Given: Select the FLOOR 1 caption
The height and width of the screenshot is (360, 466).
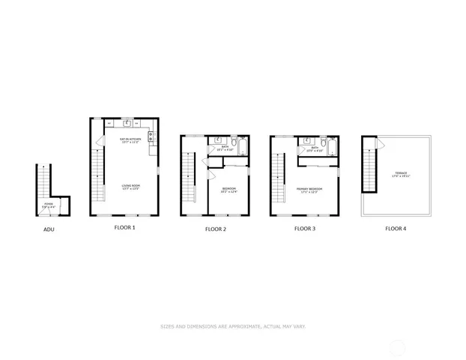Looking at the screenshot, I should (124, 227).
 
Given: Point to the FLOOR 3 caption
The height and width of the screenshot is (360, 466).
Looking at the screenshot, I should (305, 227).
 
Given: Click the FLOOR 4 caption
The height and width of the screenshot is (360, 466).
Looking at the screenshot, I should (396, 228).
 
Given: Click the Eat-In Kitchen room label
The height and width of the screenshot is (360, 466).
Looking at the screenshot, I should (131, 140).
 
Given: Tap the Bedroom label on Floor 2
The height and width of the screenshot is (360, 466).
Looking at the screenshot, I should (229, 190).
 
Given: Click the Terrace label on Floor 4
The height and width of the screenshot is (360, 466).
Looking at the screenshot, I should (402, 175).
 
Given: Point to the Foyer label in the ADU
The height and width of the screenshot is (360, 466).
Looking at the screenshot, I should (49, 205).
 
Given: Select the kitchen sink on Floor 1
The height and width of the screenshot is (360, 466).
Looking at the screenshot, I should (127, 123).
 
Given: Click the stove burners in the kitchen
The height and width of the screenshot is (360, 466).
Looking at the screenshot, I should (151, 136).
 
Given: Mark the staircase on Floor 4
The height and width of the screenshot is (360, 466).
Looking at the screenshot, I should (369, 169).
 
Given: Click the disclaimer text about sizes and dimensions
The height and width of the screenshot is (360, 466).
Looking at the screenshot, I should (233, 326).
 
